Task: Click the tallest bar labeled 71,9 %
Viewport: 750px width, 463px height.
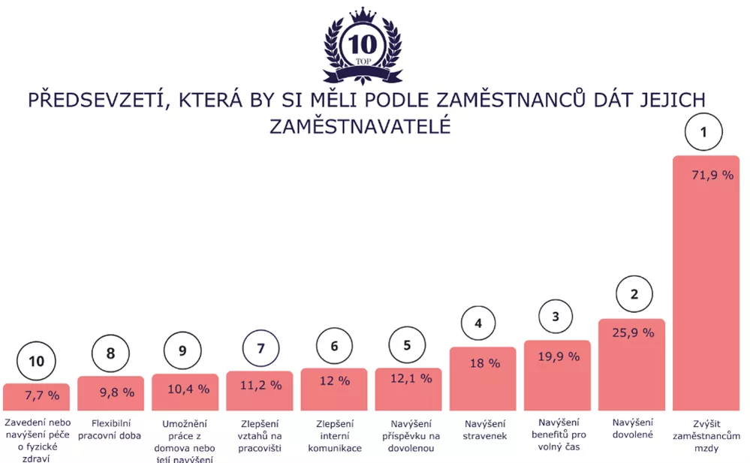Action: point(706,285)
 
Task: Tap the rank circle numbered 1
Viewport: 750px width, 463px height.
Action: point(703,133)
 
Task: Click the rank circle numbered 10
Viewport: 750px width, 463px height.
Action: point(36,362)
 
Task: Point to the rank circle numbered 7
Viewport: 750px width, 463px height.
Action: point(261,349)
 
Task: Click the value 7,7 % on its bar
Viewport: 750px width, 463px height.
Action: point(42,395)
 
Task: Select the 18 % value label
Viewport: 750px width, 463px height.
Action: point(483,363)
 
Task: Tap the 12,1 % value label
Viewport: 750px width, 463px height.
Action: point(411,378)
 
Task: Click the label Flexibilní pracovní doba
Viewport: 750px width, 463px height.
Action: point(110,430)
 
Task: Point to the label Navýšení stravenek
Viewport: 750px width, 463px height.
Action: point(484,430)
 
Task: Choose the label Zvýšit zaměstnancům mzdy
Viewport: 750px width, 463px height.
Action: point(706,436)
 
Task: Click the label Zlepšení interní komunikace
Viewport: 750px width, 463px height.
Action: point(334,436)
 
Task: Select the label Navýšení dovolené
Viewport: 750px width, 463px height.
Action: point(632,430)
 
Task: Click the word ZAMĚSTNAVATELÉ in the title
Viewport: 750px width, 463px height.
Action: point(360,126)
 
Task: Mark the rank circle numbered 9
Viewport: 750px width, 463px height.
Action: point(185,351)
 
